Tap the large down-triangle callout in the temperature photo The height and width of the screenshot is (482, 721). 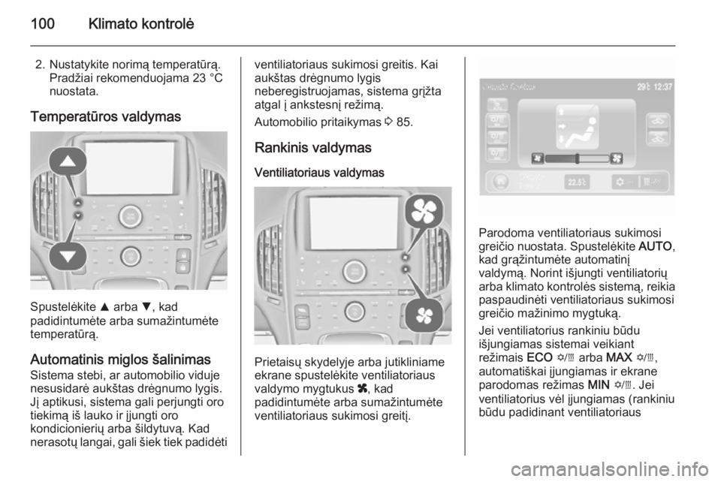68,257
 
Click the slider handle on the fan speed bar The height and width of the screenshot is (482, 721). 575,158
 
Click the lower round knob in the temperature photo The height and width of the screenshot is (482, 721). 131,254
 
